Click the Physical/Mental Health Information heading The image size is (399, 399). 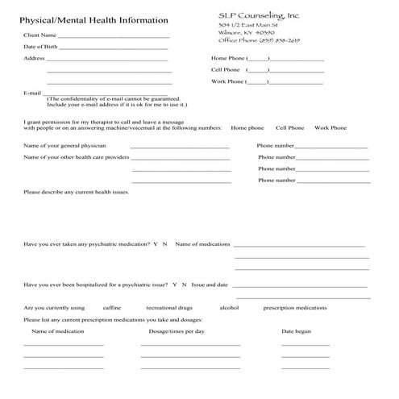click(x=94, y=20)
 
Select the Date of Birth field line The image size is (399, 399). click(x=113, y=48)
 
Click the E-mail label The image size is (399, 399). click(x=32, y=93)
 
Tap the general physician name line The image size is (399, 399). click(x=180, y=148)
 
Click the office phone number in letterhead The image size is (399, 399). click(x=260, y=39)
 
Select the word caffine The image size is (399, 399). click(x=112, y=308)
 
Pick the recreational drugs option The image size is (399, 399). click(x=168, y=308)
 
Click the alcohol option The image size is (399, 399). click(x=229, y=308)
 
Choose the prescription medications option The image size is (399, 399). click(x=295, y=308)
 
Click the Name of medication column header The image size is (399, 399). click(x=57, y=331)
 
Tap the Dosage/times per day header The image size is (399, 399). click(x=177, y=331)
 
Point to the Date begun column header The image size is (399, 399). click(x=296, y=331)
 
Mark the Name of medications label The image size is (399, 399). click(x=203, y=243)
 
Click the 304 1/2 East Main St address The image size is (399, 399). click(x=247, y=25)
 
